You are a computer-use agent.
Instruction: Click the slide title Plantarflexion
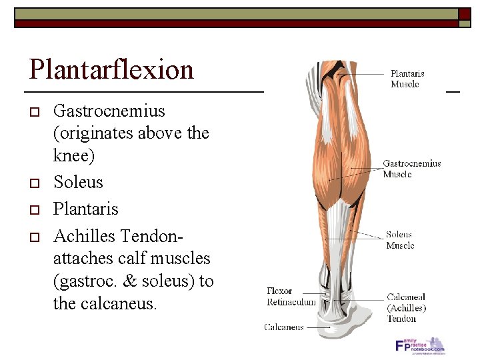tap(111, 69)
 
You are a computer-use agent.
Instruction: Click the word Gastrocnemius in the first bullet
tap(109, 111)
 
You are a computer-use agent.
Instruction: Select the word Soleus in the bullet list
tap(78, 182)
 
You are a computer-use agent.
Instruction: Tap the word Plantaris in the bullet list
tap(85, 209)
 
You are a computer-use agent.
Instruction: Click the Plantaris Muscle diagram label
tap(407, 79)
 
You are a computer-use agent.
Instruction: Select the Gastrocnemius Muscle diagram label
tap(411, 169)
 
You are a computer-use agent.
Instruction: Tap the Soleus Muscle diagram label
tap(399, 240)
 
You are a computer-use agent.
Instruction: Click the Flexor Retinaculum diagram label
tap(291, 297)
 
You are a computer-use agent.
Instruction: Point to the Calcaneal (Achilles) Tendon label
tap(406, 307)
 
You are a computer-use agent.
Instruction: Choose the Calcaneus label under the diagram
tap(284, 327)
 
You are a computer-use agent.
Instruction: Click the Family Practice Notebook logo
tap(420, 345)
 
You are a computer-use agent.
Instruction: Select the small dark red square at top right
tap(463, 14)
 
